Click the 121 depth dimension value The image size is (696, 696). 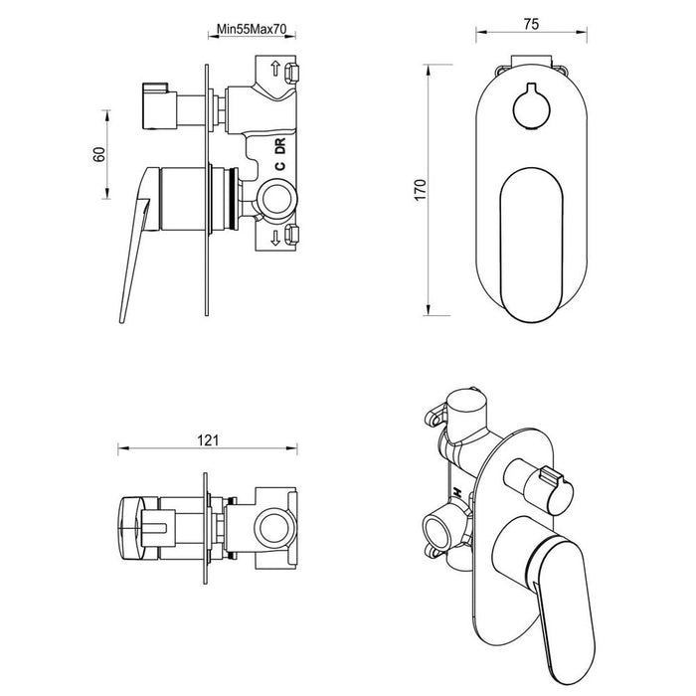[206, 440]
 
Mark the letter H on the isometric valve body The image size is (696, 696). [454, 494]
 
